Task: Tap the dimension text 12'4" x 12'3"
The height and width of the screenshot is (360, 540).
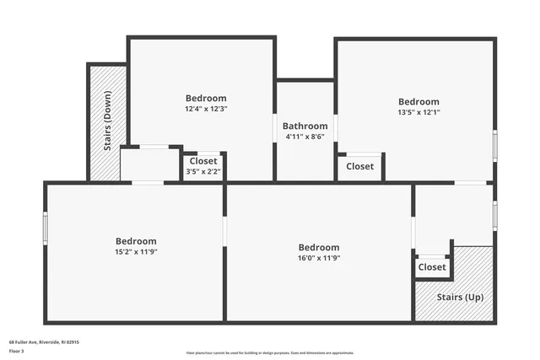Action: (x=207, y=109)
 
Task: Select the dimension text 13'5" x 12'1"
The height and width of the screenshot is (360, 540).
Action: (x=419, y=112)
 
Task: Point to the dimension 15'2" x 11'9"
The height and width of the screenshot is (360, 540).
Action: (x=136, y=251)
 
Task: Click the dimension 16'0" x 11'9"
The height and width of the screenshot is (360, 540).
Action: (x=319, y=258)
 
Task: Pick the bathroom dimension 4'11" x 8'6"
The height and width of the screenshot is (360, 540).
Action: (x=305, y=137)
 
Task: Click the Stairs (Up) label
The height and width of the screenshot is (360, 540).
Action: (x=460, y=298)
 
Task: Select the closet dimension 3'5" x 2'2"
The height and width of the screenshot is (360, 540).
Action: (x=203, y=172)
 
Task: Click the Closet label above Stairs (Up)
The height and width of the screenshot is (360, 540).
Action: (x=432, y=267)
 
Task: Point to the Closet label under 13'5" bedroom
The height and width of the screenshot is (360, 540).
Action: (x=360, y=166)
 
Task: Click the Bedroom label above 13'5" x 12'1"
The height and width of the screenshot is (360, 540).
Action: (x=419, y=101)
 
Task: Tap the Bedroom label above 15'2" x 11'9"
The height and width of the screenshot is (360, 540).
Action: (x=136, y=240)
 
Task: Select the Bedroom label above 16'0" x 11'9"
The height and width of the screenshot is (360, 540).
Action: (x=319, y=247)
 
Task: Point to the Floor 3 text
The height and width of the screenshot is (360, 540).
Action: (x=16, y=352)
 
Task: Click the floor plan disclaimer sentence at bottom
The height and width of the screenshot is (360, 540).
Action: (x=270, y=352)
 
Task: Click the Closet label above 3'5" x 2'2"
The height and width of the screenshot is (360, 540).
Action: (x=203, y=161)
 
